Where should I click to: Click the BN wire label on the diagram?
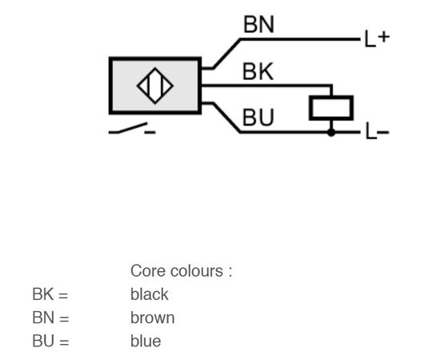258,25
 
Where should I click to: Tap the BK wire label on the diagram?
258,71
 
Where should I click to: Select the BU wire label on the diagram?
258,118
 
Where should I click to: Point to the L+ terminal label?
377,38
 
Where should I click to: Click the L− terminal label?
378,131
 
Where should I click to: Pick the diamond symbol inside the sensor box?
155,86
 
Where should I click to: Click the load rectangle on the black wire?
331,108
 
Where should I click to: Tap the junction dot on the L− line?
331,132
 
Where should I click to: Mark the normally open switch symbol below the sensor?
128,128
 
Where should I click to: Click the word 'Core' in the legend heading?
149,271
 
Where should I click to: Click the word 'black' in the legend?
150,294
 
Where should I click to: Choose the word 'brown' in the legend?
152,318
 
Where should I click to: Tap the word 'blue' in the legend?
146,342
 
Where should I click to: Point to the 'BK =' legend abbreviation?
50,294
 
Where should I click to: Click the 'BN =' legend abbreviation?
50,318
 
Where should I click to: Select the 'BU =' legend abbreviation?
50,342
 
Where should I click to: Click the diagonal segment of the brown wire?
226,54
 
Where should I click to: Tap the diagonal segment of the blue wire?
226,118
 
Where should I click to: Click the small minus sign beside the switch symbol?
150,132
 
